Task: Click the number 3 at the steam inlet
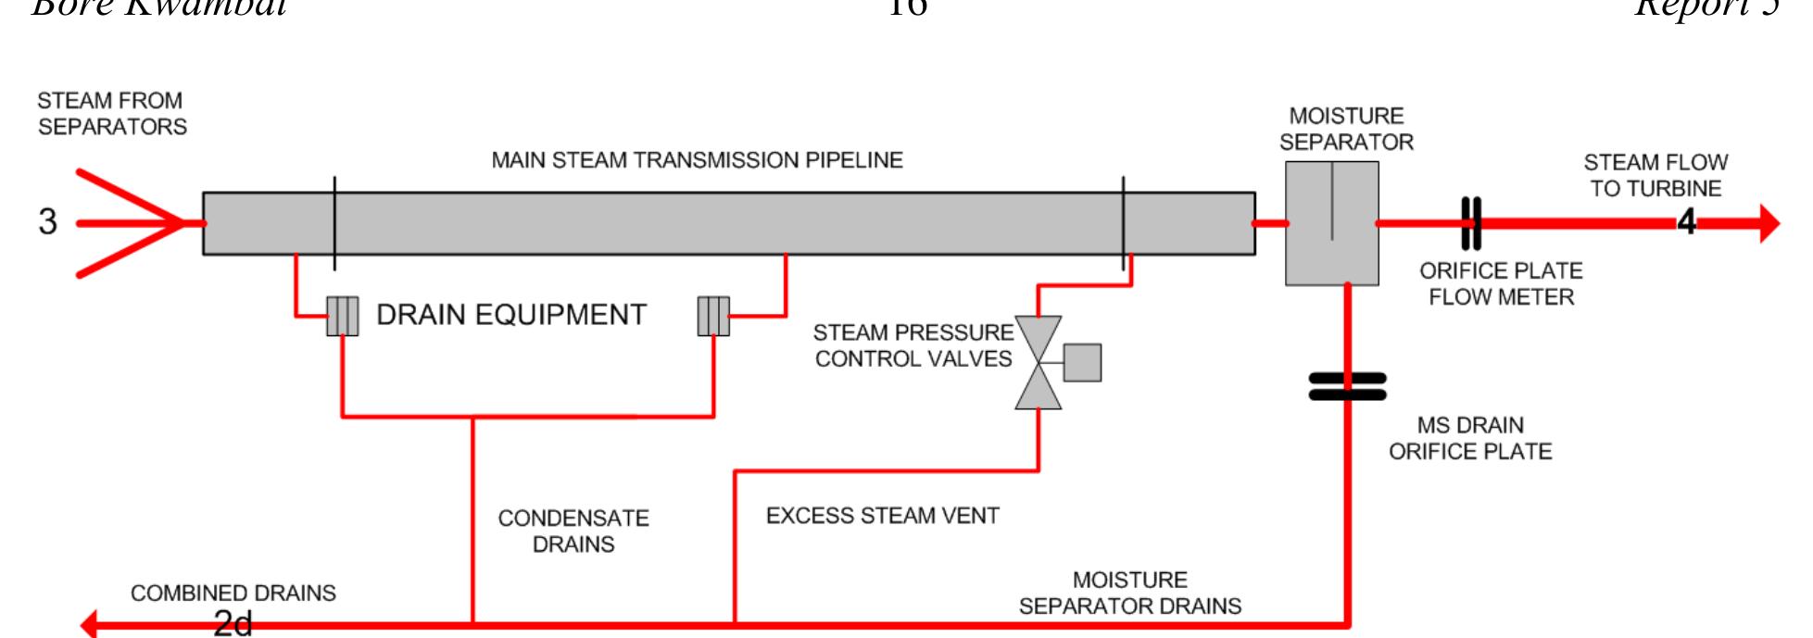[47, 222]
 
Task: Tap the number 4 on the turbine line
[1686, 222]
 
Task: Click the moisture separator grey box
[1331, 223]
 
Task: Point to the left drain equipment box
[342, 317]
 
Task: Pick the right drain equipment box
[713, 317]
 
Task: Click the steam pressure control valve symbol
[1038, 362]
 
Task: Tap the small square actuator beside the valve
[1082, 362]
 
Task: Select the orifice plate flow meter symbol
[1471, 223]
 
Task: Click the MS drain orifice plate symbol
[1347, 386]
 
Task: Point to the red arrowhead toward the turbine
[1769, 223]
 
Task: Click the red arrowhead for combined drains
[90, 624]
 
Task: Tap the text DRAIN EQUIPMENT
[510, 315]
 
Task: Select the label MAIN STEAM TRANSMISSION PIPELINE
[697, 160]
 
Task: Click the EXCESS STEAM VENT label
[882, 516]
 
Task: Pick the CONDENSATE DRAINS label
[573, 531]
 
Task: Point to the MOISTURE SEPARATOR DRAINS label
[1129, 593]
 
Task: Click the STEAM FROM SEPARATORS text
[111, 113]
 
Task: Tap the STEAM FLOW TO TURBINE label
[1656, 175]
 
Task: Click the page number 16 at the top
[907, 7]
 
